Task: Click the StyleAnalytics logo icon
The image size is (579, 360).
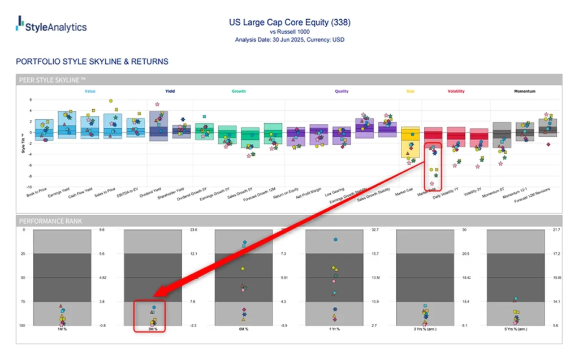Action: point(20,23)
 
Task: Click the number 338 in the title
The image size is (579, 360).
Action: point(342,23)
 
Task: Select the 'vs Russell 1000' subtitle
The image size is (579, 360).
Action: point(289,32)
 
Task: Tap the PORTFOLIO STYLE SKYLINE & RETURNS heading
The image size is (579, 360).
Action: point(92,61)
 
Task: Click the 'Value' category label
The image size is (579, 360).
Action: point(90,91)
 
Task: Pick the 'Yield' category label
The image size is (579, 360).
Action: point(170,91)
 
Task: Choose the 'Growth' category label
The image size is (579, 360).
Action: point(239,91)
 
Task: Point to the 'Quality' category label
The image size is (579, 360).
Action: point(342,91)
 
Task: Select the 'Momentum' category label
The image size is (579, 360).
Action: point(525,91)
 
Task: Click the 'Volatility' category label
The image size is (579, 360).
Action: point(457,91)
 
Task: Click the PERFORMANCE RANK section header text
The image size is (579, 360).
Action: point(51,221)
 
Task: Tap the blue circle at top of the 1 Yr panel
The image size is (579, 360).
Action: point(335,240)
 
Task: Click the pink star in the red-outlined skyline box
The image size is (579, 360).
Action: point(432,184)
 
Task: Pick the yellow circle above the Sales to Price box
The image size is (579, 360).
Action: point(111,101)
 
